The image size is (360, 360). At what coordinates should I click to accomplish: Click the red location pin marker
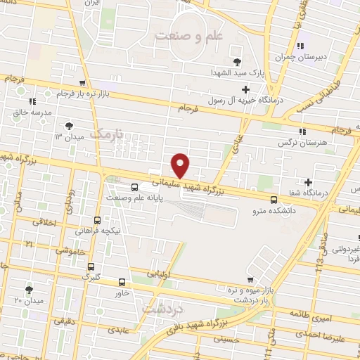coord(181,165)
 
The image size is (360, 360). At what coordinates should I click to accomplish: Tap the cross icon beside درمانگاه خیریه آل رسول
coord(245,89)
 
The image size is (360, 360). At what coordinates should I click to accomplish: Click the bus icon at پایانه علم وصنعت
coord(135,186)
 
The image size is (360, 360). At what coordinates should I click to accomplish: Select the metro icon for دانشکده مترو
coord(274,199)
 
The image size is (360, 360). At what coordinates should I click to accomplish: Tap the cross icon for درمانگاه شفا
coord(309,182)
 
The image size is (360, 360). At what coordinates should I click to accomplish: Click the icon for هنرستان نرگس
coord(302,131)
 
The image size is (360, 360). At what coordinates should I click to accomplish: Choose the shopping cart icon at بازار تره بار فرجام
coord(83,83)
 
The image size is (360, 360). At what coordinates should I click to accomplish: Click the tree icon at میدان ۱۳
coord(68,126)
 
